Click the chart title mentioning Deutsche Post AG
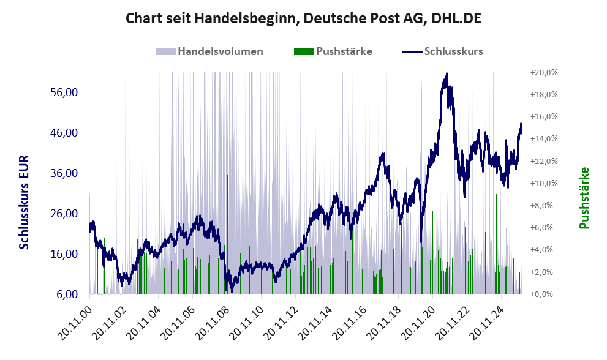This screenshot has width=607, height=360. [303, 18]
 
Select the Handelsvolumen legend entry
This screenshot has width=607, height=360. [210, 51]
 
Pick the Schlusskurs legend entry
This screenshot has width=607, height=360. [443, 51]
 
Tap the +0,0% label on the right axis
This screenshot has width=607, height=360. [545, 294]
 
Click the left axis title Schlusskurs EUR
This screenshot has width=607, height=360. [25, 202]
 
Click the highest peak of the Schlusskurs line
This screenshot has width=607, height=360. [447, 74]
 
